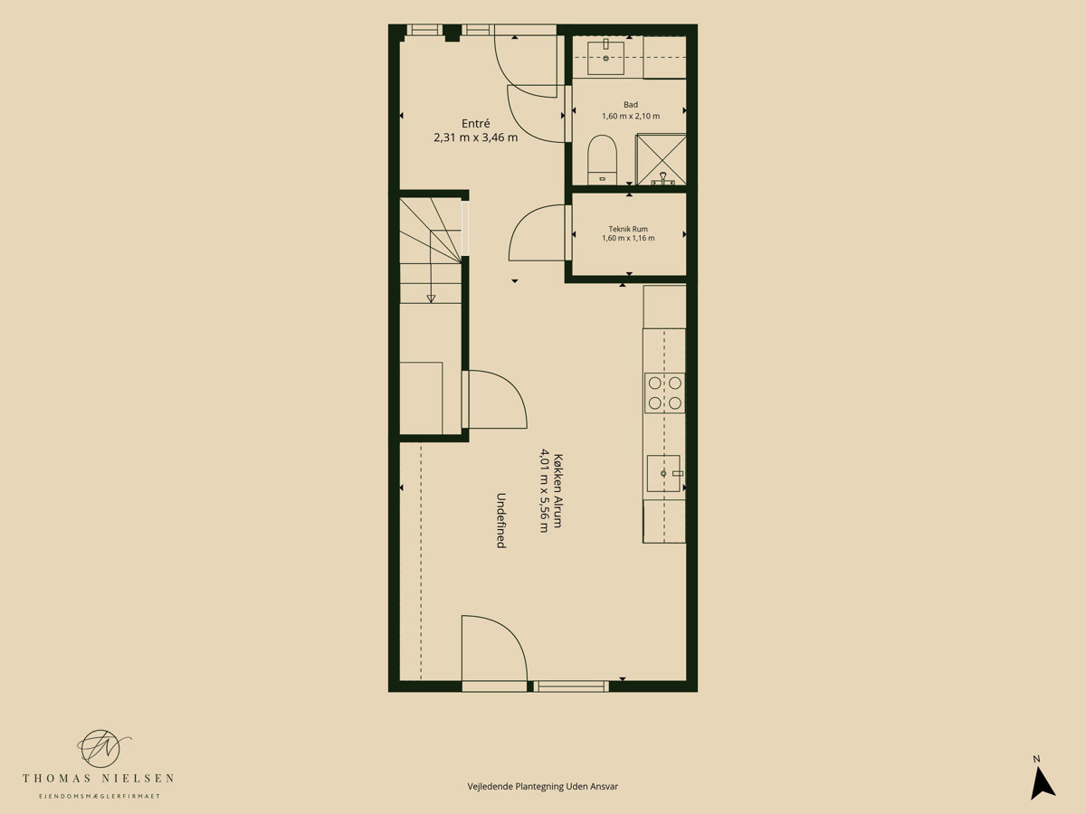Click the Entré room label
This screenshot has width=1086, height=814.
pyautogui.click(x=475, y=124)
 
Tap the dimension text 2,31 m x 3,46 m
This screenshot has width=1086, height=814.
pyautogui.click(x=475, y=137)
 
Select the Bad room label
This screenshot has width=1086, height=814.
pyautogui.click(x=630, y=105)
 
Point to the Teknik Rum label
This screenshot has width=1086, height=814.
pyautogui.click(x=628, y=229)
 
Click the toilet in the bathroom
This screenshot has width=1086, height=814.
pyautogui.click(x=602, y=160)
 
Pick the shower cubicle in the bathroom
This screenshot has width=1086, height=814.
pyautogui.click(x=661, y=159)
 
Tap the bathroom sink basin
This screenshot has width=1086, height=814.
pyautogui.click(x=605, y=57)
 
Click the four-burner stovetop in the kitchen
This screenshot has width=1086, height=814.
pyautogui.click(x=664, y=393)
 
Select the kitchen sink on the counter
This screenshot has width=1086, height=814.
pyautogui.click(x=664, y=473)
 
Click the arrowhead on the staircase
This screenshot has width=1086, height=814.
pyautogui.click(x=431, y=298)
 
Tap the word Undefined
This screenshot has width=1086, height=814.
pyautogui.click(x=500, y=520)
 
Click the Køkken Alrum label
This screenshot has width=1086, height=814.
pyautogui.click(x=557, y=490)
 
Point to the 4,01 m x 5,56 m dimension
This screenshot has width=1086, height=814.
pyautogui.click(x=544, y=490)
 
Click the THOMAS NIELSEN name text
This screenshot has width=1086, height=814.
pyautogui.click(x=98, y=779)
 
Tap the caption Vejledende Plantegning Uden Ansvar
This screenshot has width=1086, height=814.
pyautogui.click(x=543, y=786)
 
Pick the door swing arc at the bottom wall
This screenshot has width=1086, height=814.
pyautogui.click(x=510, y=632)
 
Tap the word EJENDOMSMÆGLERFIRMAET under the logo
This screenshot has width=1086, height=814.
pyautogui.click(x=100, y=796)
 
